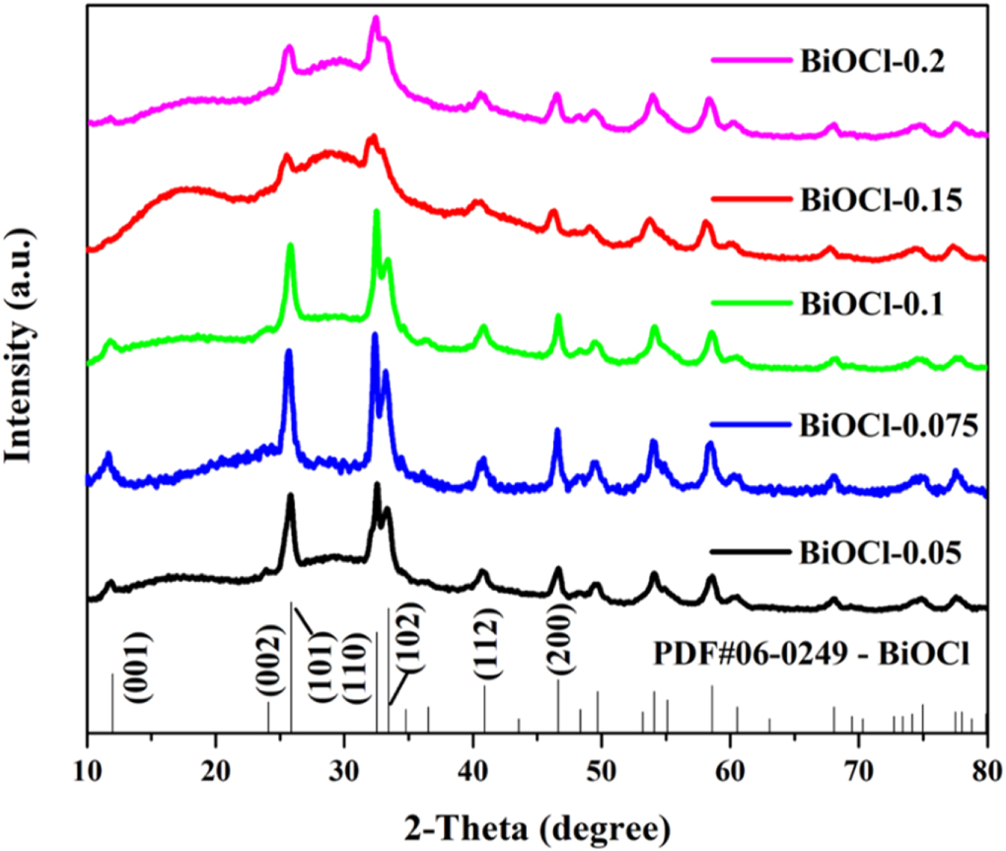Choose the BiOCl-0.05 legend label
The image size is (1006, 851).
(x=882, y=553)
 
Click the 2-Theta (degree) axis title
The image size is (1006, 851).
(x=537, y=821)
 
